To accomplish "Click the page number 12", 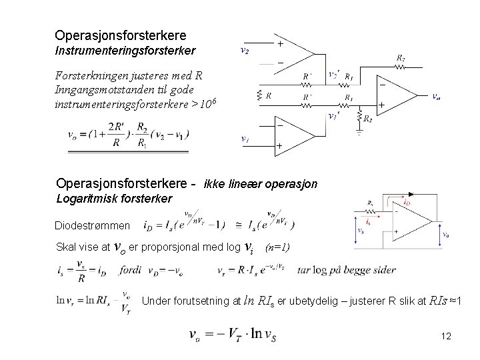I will coord(446,337).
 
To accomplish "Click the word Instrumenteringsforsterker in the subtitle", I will coord(125,50).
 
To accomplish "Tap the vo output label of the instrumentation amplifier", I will coord(435,96).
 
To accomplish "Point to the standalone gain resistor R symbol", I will coord(267,95).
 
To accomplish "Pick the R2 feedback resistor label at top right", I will coord(401,59).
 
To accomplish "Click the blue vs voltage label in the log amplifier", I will coord(361,230).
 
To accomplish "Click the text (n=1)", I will coord(278,248).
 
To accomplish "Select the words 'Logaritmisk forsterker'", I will coord(114,199).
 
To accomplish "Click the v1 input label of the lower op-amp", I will coord(245,139).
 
